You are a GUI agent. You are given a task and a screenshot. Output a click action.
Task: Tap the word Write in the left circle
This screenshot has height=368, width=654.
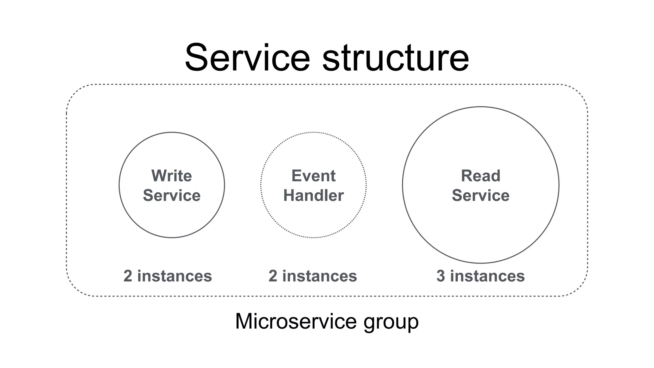coord(171,176)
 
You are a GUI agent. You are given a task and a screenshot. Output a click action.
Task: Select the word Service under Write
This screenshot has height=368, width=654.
coord(171,195)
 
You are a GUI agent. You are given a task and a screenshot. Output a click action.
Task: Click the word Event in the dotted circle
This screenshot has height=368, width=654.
coord(313,176)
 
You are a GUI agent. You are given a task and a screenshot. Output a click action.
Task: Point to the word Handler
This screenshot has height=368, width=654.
coord(313,195)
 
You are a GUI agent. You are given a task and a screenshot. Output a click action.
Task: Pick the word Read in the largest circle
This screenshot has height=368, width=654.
coord(481,176)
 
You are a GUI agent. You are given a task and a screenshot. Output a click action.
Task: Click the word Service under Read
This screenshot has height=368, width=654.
coord(481,195)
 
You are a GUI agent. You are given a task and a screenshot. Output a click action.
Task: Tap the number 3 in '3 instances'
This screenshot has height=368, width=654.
coord(441,276)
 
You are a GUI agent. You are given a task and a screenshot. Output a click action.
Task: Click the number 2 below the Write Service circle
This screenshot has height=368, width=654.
coord(128,276)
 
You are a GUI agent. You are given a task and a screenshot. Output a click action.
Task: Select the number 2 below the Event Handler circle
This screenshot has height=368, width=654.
coord(273,276)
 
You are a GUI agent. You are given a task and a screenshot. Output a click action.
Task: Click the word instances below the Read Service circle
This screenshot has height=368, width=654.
coord(487,276)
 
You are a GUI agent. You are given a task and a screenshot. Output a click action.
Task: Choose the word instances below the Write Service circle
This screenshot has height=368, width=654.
coord(174,276)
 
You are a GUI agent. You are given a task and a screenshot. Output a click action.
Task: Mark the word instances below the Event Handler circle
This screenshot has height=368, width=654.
coord(319,276)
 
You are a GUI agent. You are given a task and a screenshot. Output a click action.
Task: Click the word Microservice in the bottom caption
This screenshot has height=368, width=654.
coord(296,321)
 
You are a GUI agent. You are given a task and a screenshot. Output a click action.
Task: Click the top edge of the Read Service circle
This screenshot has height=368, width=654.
coord(481,107)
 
